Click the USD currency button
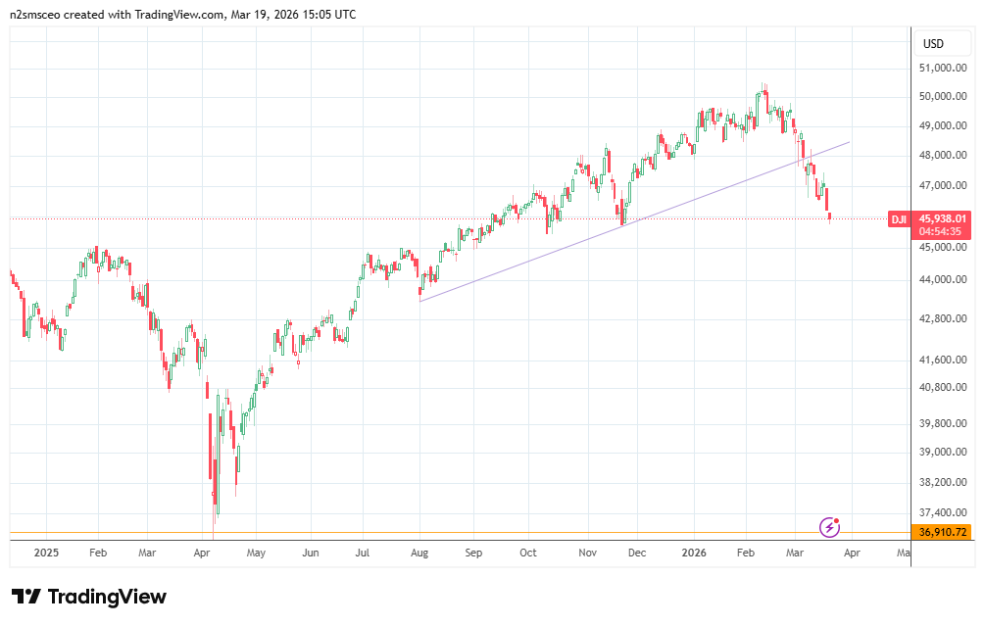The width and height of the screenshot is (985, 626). click(933, 44)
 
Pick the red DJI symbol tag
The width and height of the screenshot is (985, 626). click(898, 219)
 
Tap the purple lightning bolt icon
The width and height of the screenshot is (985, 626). click(830, 528)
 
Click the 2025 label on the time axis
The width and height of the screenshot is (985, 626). click(46, 553)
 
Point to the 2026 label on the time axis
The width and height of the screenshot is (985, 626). click(697, 553)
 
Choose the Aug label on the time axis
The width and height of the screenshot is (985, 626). click(419, 553)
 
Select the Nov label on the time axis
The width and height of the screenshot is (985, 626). click(587, 553)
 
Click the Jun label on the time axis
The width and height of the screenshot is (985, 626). click(311, 553)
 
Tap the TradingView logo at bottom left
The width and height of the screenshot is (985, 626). click(89, 597)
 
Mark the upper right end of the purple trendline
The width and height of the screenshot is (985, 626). click(850, 142)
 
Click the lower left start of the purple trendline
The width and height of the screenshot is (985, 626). click(419, 301)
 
